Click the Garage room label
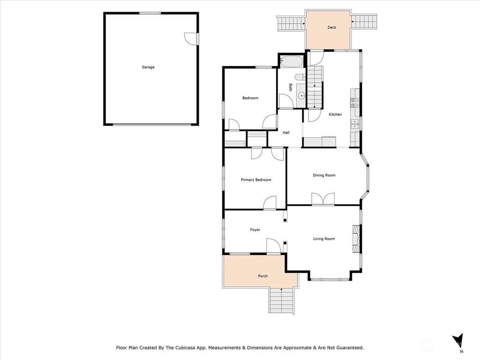[148, 67]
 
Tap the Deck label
[332, 27]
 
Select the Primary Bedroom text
[256, 180]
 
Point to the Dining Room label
[324, 175]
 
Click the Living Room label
[324, 238]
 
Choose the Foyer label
[255, 229]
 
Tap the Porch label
[263, 276]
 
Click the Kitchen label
[335, 114]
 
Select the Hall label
[286, 133]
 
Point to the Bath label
[290, 88]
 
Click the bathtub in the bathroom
[292, 62]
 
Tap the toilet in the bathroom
[300, 76]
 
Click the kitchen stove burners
[355, 103]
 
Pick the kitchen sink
[355, 124]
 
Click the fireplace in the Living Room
[356, 239]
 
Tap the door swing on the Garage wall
[190, 39]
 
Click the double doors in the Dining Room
[323, 198]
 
